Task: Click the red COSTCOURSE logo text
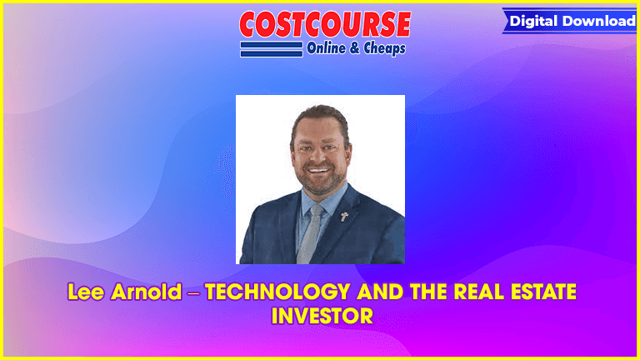click(325, 24)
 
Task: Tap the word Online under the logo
click(326, 48)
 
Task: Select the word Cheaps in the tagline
click(384, 48)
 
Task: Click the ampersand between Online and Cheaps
click(354, 48)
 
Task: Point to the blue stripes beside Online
click(272, 49)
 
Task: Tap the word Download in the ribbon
click(599, 21)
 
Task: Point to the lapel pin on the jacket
click(344, 217)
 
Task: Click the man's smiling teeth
click(318, 170)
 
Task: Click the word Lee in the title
click(85, 292)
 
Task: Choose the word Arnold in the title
click(146, 292)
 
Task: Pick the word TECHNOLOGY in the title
click(277, 292)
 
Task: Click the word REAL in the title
click(479, 292)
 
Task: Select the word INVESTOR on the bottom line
click(322, 316)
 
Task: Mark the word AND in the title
click(380, 292)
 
